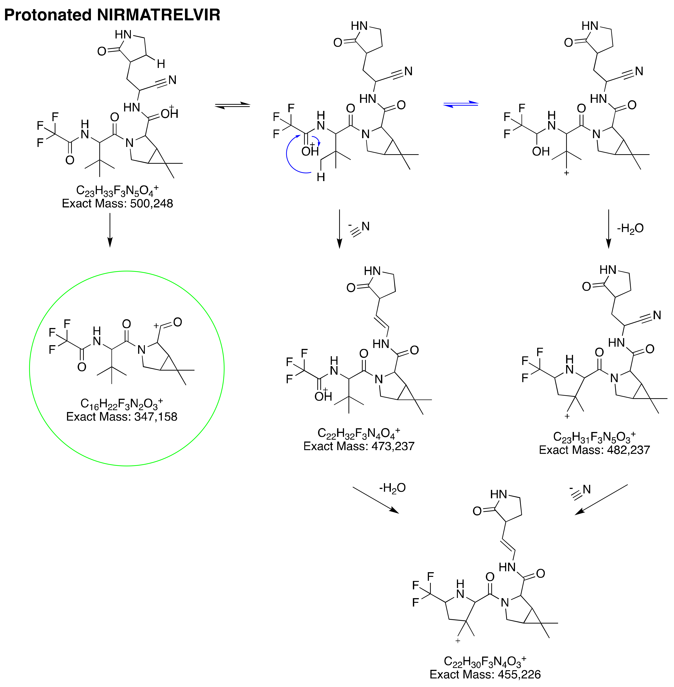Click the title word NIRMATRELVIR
(159, 15)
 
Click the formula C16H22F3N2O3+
(122, 404)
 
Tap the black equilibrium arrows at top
(233, 105)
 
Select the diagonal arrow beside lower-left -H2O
(375, 500)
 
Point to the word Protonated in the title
(48, 15)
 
